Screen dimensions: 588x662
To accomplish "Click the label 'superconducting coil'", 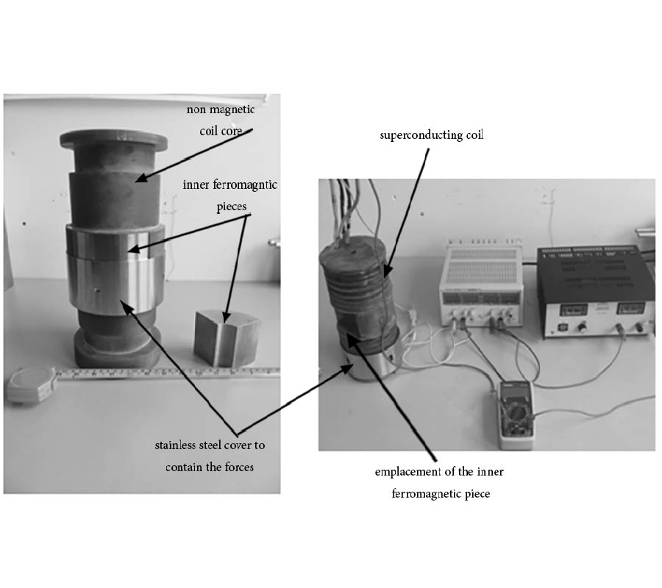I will click(431, 136).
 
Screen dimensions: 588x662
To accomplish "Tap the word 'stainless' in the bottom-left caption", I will click(174, 445).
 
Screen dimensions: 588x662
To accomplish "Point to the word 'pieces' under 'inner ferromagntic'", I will click(230, 207).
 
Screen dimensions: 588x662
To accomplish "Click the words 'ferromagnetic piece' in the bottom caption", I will click(441, 493).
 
